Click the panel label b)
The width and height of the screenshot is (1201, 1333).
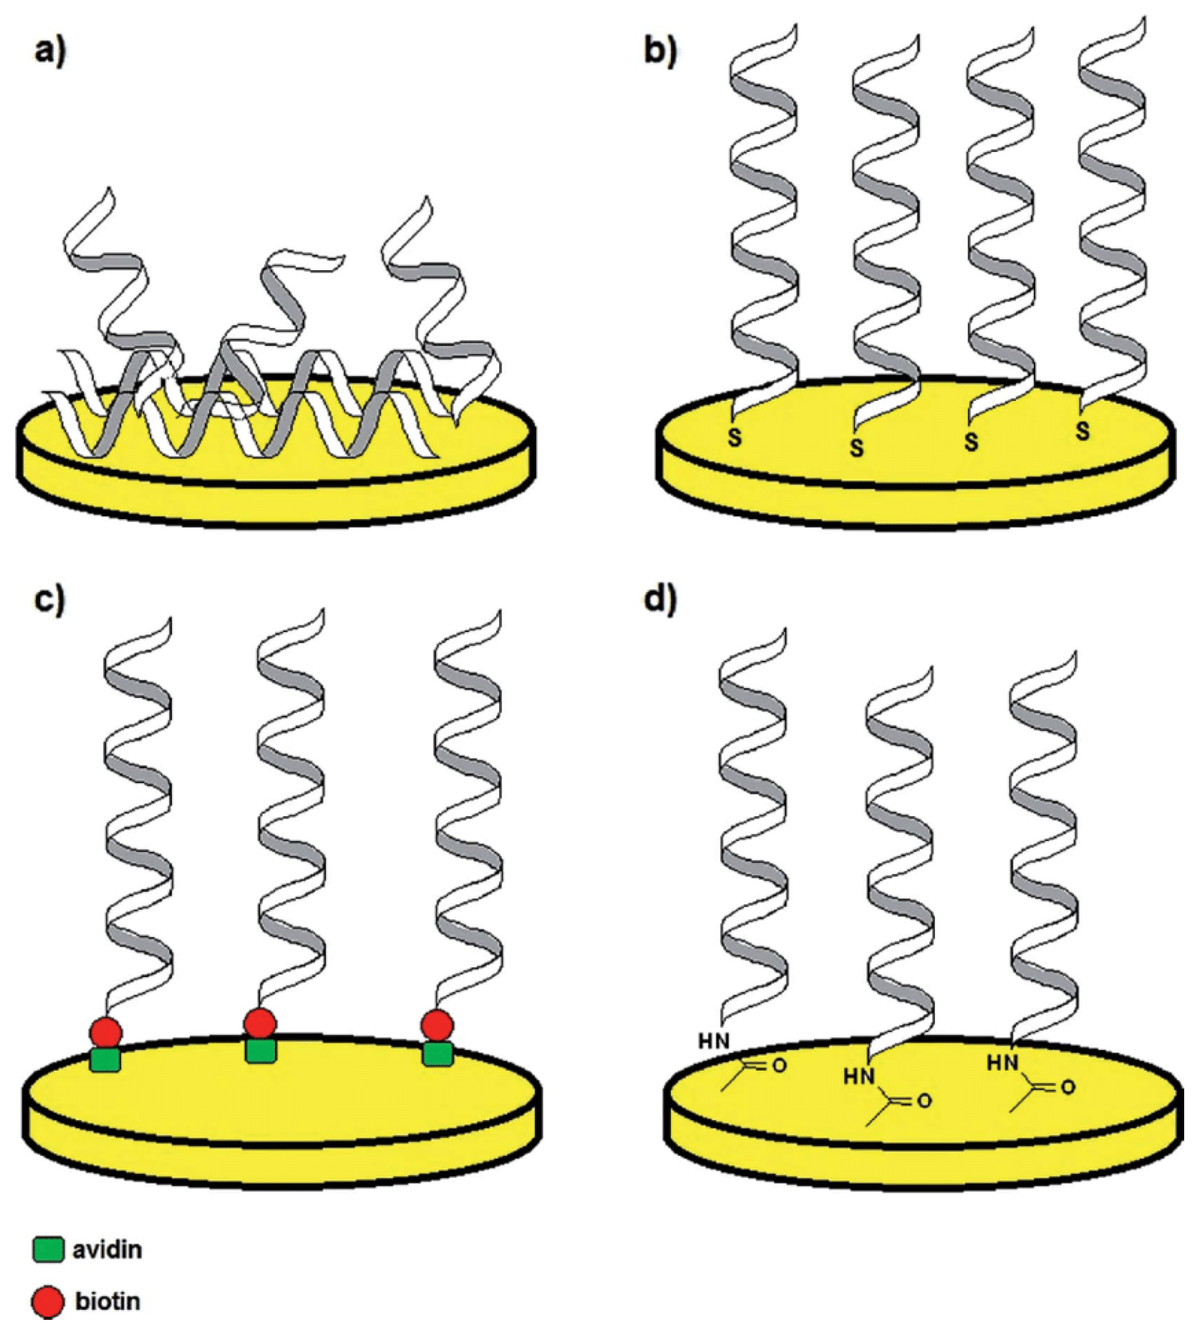point(660,52)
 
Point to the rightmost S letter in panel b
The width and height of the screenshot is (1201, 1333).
point(1082,432)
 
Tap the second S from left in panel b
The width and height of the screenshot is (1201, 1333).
point(857,448)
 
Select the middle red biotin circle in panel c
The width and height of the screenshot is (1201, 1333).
point(259,1023)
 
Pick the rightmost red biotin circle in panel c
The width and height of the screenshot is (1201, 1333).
point(437,1026)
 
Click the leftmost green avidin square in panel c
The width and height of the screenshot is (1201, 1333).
point(106,1061)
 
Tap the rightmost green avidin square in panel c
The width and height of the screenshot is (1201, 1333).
point(437,1054)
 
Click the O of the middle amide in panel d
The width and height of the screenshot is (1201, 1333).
point(924,1101)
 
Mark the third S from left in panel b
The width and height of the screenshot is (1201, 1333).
point(971,442)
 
